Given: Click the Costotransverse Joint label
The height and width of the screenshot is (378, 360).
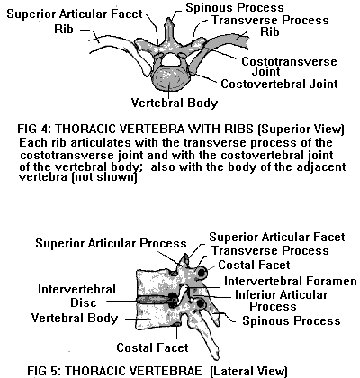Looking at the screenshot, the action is (x=289, y=67).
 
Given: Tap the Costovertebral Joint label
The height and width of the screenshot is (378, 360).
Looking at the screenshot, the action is (x=279, y=84).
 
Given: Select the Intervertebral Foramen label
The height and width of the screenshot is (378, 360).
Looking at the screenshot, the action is (x=291, y=282).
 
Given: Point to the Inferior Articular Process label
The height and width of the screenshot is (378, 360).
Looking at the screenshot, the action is (x=281, y=301).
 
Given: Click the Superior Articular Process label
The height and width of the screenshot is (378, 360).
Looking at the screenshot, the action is (x=111, y=243).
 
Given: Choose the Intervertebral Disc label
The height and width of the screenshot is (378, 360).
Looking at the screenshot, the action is (x=76, y=296).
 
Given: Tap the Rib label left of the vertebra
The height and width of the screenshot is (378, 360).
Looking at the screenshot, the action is (x=64, y=30).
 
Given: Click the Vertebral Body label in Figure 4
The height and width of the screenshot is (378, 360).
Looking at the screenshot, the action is (x=175, y=103).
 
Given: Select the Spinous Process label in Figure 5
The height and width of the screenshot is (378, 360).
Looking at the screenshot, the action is (x=292, y=320).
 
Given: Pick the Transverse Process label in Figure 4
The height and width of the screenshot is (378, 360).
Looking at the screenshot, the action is (x=270, y=21).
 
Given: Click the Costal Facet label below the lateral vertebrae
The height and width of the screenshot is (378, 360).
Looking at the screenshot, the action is (x=152, y=347).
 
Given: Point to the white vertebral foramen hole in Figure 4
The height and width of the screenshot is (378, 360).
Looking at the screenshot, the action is (x=171, y=59).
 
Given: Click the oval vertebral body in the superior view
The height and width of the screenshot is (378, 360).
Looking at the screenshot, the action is (x=169, y=78).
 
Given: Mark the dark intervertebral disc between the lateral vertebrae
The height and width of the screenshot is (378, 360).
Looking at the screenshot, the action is (x=156, y=300).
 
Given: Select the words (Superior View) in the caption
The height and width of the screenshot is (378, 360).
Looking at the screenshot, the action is (x=301, y=130).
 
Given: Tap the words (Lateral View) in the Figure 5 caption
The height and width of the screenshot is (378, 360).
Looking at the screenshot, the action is (x=249, y=371).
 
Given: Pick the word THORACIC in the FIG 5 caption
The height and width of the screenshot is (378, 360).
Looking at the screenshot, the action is (x=95, y=371).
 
